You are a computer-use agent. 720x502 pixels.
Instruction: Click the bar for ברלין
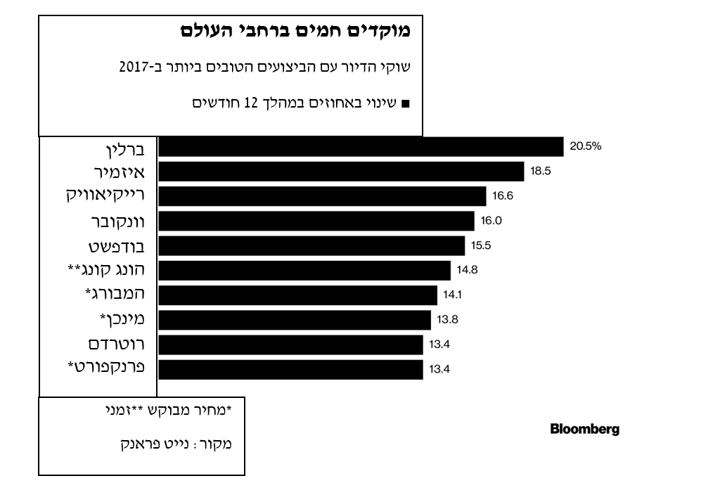pyautogui.click(x=361, y=146)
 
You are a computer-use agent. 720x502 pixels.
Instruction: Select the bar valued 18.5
pyautogui.click(x=341, y=172)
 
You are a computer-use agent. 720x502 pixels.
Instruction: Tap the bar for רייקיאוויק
pyautogui.click(x=322, y=196)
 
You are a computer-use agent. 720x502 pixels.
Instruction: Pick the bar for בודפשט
pyautogui.click(x=311, y=245)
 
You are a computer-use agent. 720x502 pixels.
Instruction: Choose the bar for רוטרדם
pyautogui.click(x=290, y=345)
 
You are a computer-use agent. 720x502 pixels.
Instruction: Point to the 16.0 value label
pyautogui.click(x=491, y=221)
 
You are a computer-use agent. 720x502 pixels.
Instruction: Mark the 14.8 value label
pyautogui.click(x=467, y=270)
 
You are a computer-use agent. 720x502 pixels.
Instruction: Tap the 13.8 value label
pyautogui.click(x=447, y=320)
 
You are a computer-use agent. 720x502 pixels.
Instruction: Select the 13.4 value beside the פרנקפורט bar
pyautogui.click(x=439, y=369)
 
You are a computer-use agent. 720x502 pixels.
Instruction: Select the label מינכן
pyautogui.click(x=124, y=320)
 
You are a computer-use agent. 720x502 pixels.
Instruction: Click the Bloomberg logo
pyautogui.click(x=584, y=430)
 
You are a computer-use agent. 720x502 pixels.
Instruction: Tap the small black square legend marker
pyautogui.click(x=404, y=103)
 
